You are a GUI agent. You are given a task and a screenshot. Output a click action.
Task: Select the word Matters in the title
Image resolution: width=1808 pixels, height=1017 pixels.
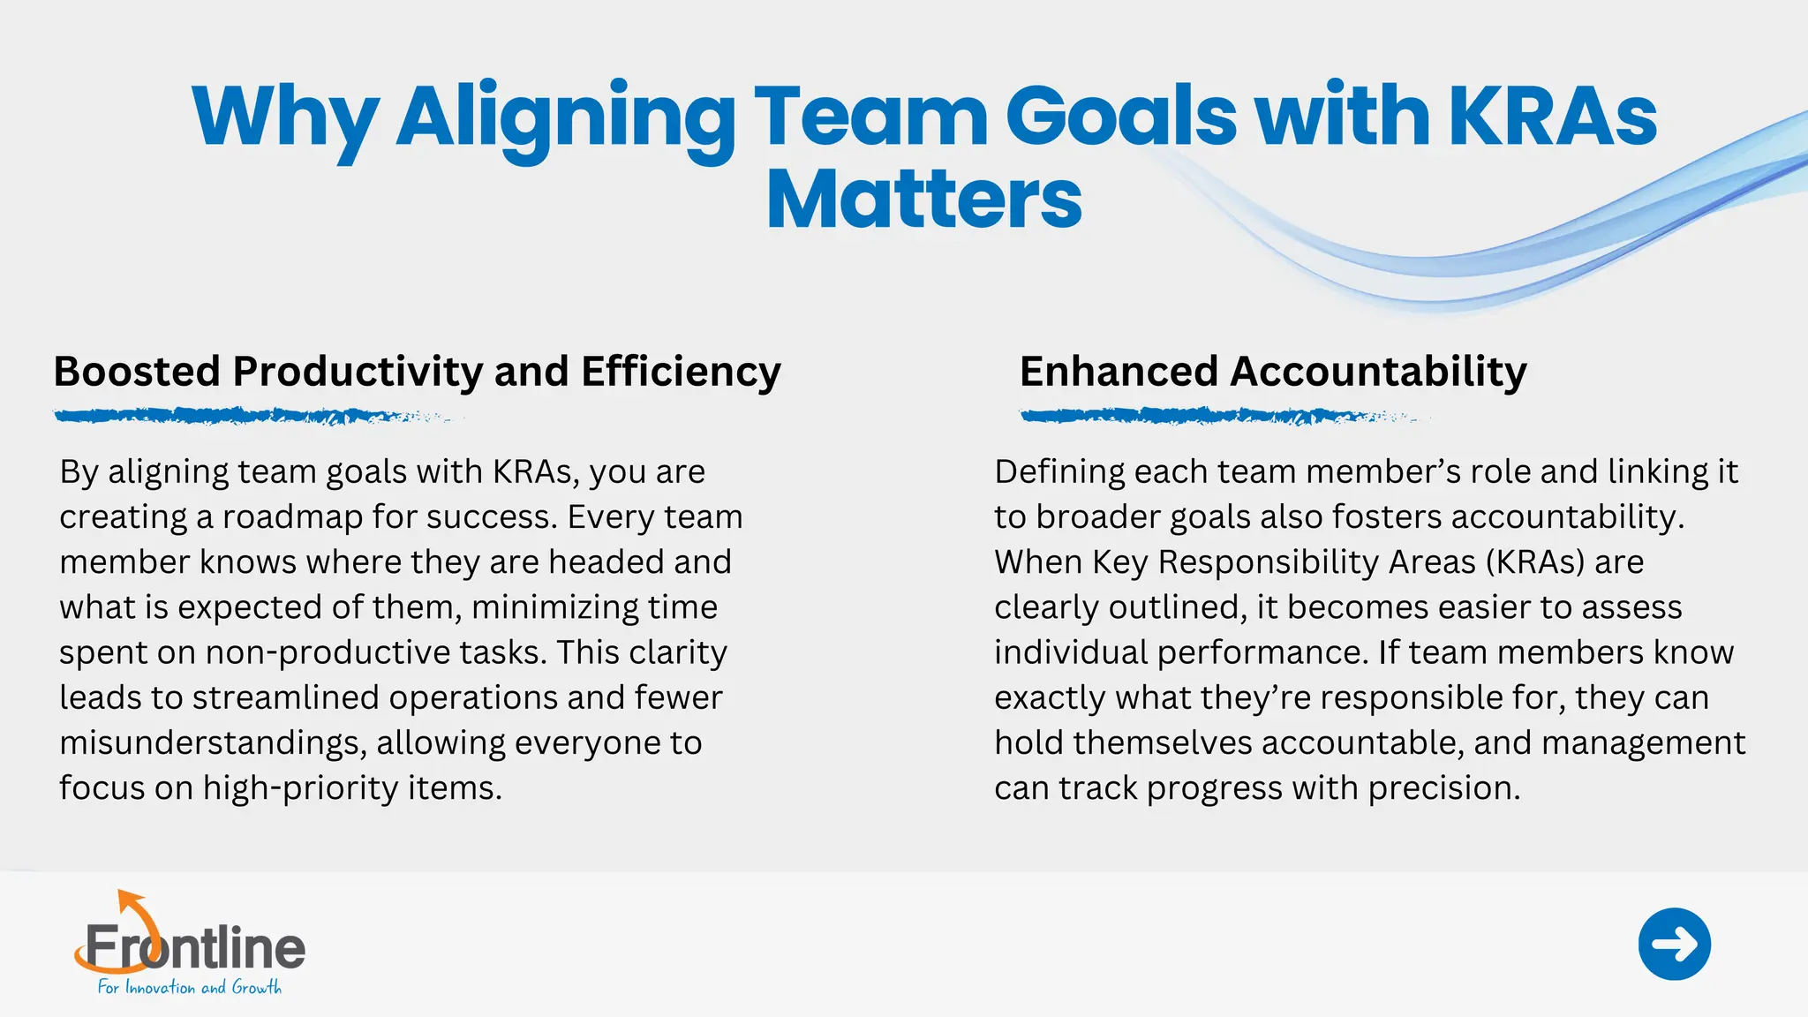coord(923,200)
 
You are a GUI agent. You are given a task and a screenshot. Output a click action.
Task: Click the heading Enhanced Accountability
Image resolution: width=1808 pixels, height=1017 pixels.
coord(1272,372)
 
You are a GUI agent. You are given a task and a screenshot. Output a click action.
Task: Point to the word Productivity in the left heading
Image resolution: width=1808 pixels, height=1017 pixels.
coord(358,372)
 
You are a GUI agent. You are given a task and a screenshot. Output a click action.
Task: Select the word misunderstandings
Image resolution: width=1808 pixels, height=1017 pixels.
coord(212,743)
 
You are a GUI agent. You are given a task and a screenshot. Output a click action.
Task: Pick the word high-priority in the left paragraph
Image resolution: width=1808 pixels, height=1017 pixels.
coord(300,788)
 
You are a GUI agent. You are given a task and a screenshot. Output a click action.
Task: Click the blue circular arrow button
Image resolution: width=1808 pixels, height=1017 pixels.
coord(1674,944)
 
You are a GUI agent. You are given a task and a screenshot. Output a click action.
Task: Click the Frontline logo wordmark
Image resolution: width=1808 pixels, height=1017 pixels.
coord(194,947)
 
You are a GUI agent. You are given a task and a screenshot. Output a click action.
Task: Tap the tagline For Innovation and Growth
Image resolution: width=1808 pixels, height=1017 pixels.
coord(189,988)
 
